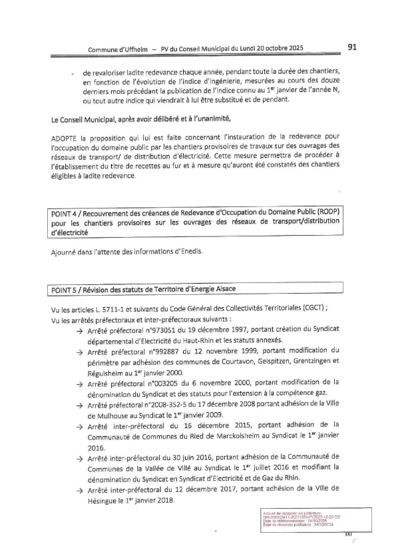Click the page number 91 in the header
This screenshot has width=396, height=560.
(x=353, y=47)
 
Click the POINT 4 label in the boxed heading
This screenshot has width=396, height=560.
(x=69, y=212)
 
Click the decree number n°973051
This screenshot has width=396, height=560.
(x=158, y=331)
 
